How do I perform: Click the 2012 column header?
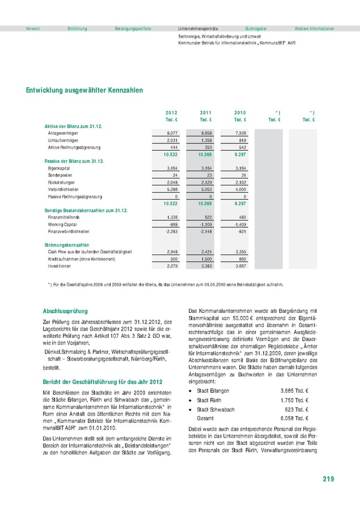pyautogui.click(x=171, y=112)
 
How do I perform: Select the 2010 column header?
pyautogui.click(x=240, y=112)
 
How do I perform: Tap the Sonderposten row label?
pyautogui.click(x=59, y=175)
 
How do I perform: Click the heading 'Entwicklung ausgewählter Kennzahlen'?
pyautogui.click(x=84, y=90)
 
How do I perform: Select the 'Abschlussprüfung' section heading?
pyautogui.click(x=65, y=311)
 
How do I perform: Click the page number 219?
pyautogui.click(x=328, y=479)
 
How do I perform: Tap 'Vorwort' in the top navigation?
pyautogui.click(x=33, y=28)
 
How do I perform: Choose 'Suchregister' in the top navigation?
pyautogui.click(x=256, y=28)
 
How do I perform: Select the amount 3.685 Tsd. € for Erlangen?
pyautogui.click(x=294, y=391)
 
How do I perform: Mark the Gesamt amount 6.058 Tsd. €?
pyautogui.click(x=294, y=418)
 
